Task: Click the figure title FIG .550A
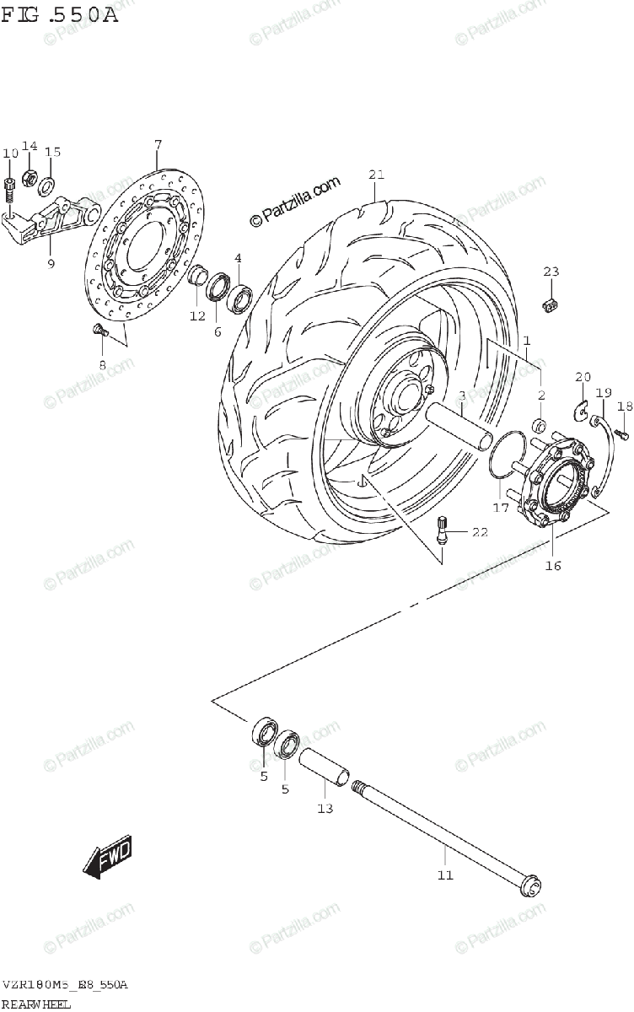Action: (58, 14)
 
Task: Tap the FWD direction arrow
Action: (107, 858)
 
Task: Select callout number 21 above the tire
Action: (376, 175)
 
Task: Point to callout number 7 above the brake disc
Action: (157, 145)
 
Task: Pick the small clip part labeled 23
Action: (552, 303)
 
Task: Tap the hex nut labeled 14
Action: (29, 178)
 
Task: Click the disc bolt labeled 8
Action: (98, 331)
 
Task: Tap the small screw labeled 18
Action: (623, 433)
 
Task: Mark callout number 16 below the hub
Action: (553, 565)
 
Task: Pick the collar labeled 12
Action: (198, 276)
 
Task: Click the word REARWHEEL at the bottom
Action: (37, 1004)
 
